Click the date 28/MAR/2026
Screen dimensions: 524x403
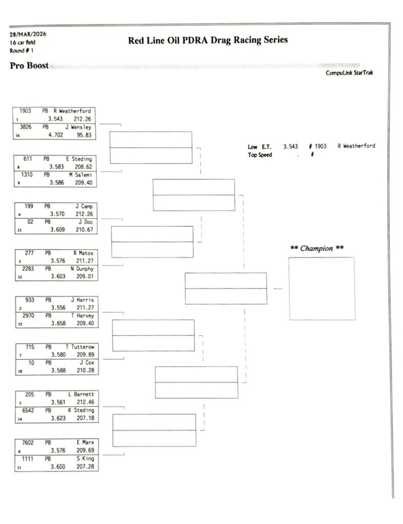tap(28, 34)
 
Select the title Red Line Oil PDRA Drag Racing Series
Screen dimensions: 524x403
tap(207, 40)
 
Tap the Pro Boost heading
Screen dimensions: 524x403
tap(29, 65)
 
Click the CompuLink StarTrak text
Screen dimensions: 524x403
tap(349, 73)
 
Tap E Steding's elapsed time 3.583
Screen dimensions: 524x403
tap(56, 167)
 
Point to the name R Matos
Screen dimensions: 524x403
tap(83, 253)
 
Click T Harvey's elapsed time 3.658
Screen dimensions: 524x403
tap(58, 323)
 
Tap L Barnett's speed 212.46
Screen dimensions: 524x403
tap(85, 402)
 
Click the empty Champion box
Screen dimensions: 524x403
tap(321, 288)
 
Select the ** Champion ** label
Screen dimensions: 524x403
tap(316, 248)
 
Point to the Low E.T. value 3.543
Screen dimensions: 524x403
tap(290, 146)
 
